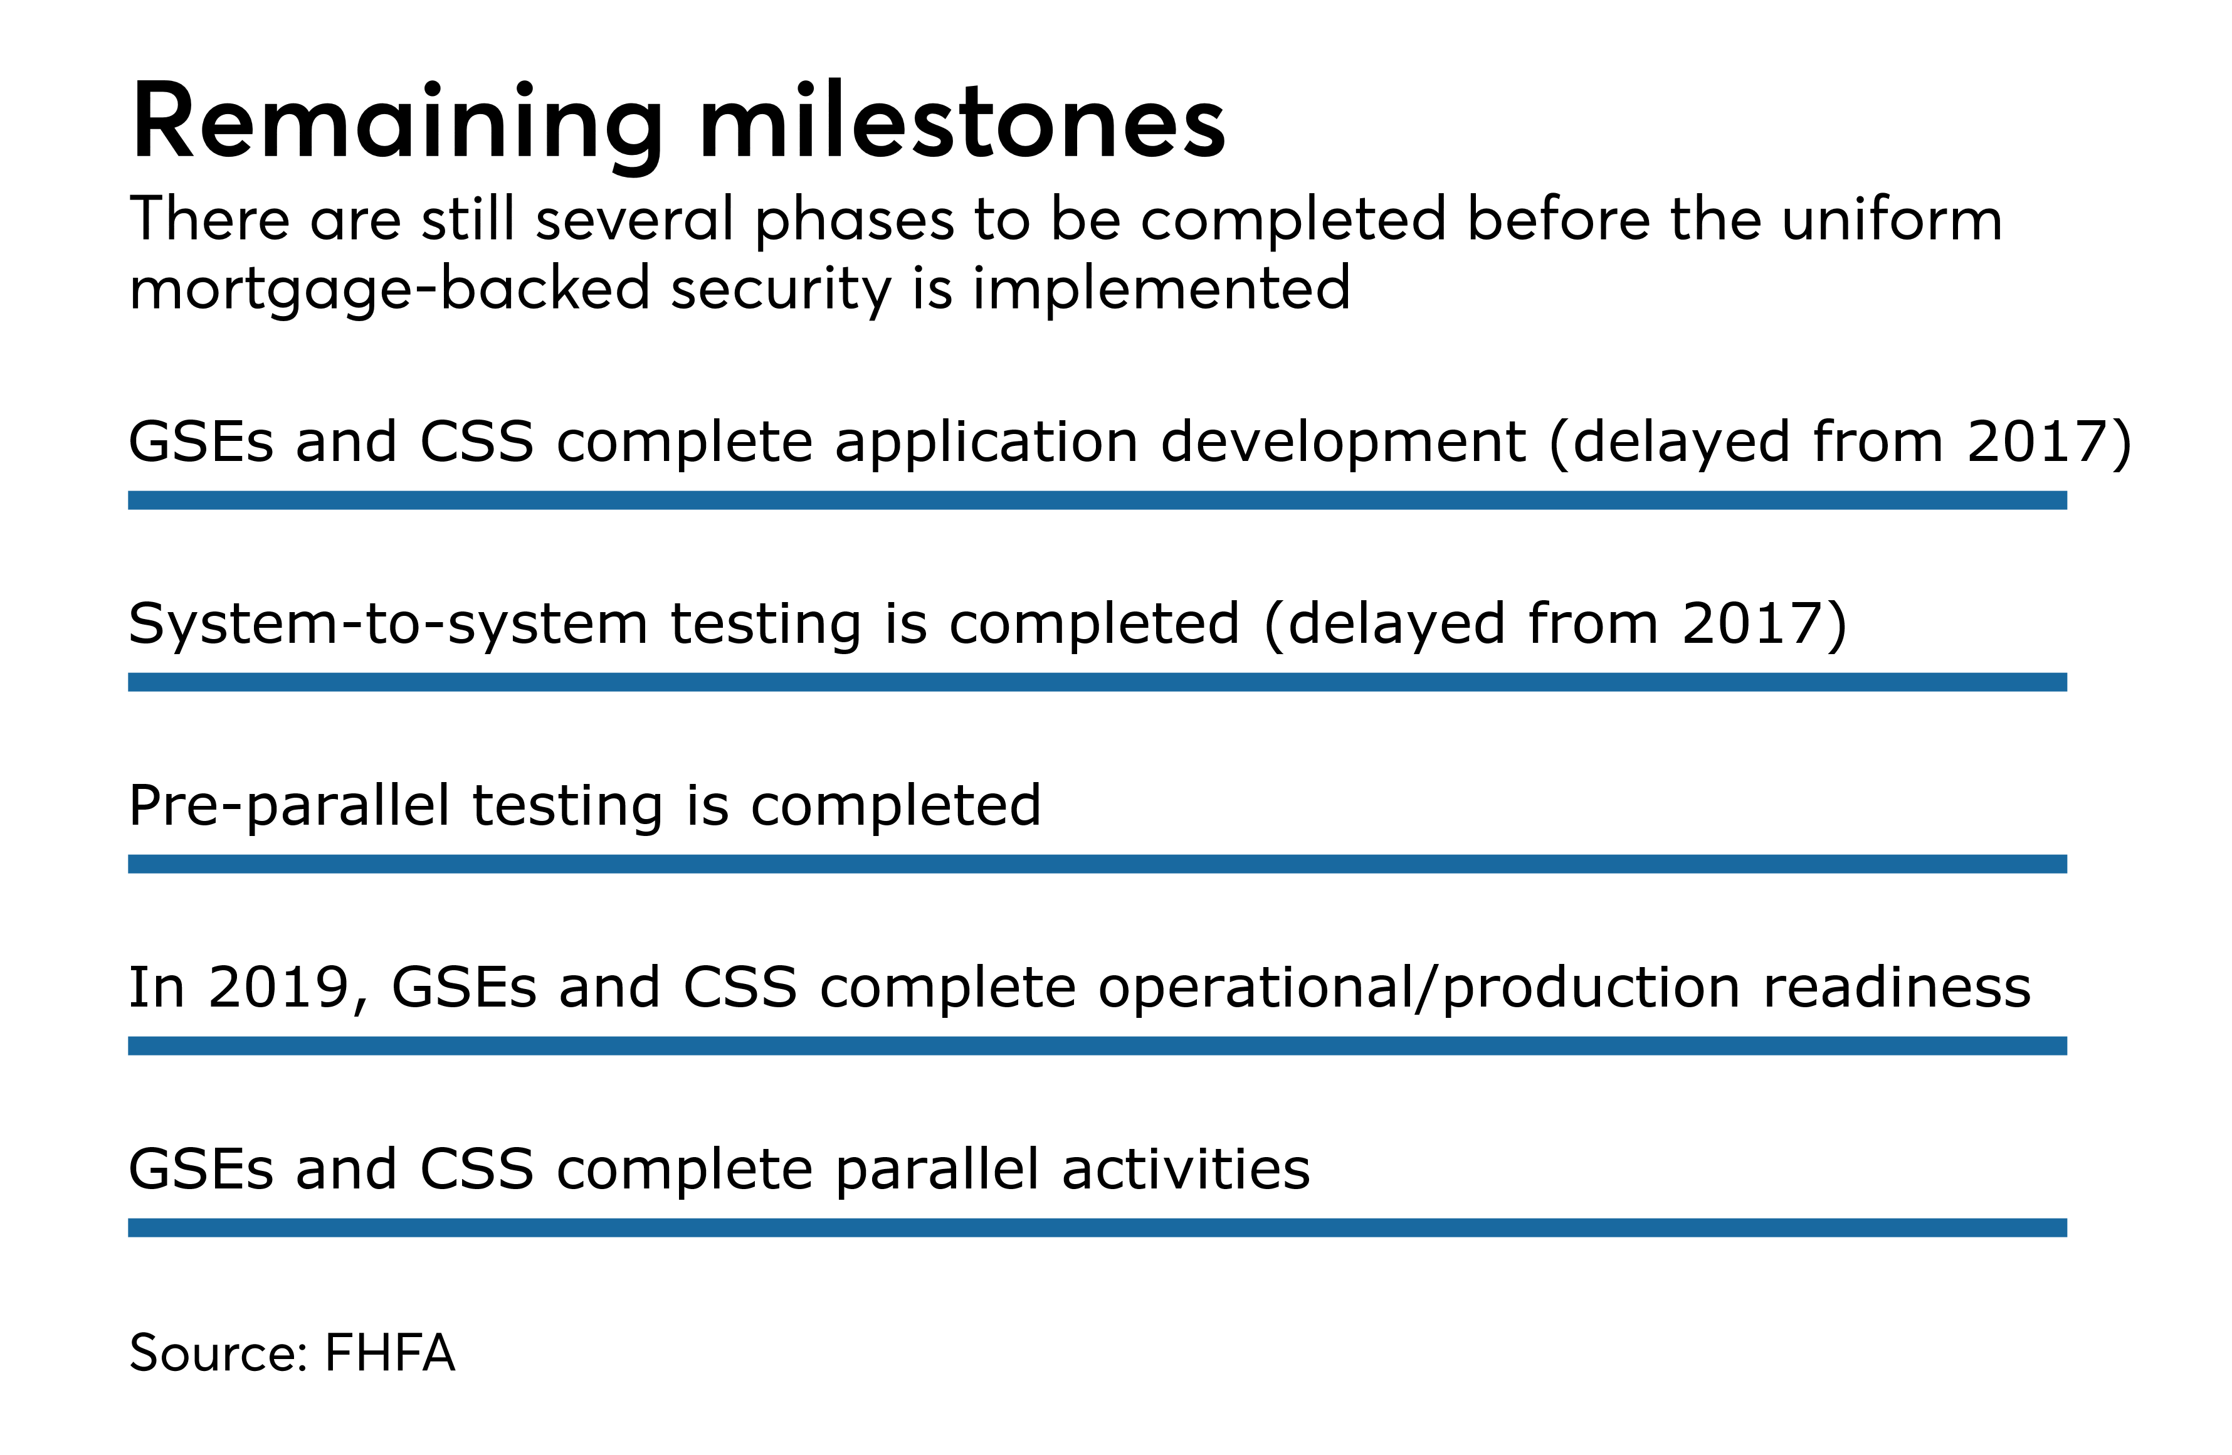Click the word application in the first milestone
986,443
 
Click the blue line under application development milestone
1097,500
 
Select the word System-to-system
387,624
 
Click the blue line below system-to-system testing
1097,682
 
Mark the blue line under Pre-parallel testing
1097,864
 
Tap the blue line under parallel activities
1097,1228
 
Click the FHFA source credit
389,1353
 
